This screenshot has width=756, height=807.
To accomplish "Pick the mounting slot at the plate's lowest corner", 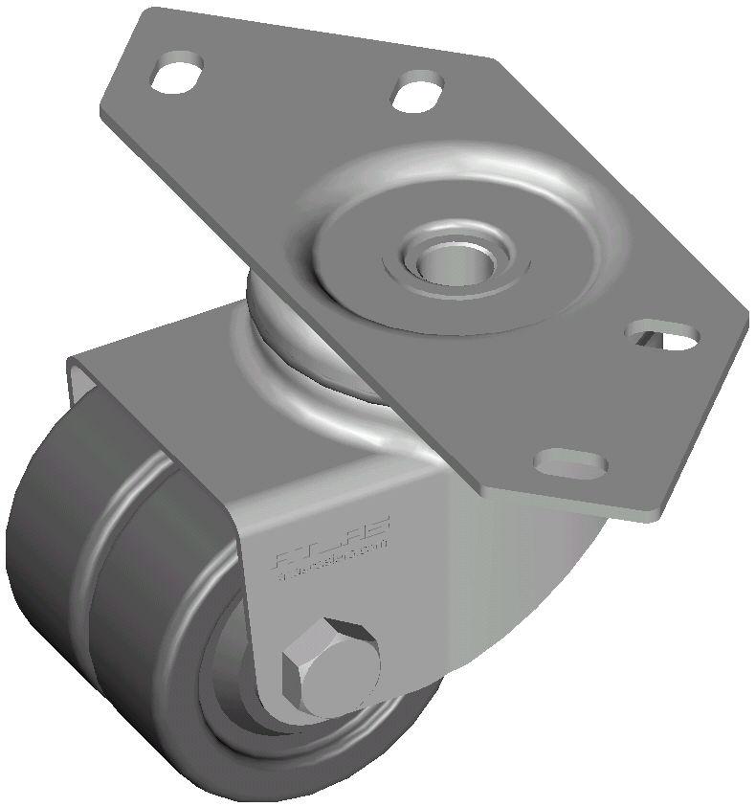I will [571, 463].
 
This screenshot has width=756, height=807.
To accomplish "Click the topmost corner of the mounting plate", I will [153, 11].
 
